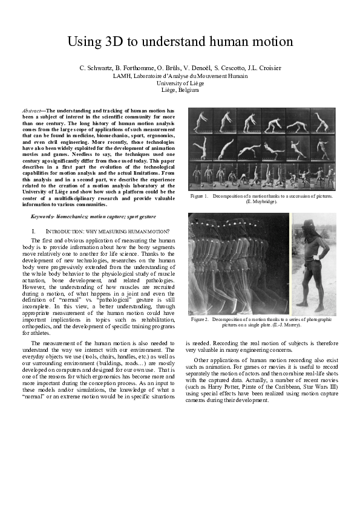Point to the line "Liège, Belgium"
tap(180, 90)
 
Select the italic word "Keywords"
tap(42, 216)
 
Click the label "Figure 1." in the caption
tap(199, 196)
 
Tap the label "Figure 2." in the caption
tap(200, 319)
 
